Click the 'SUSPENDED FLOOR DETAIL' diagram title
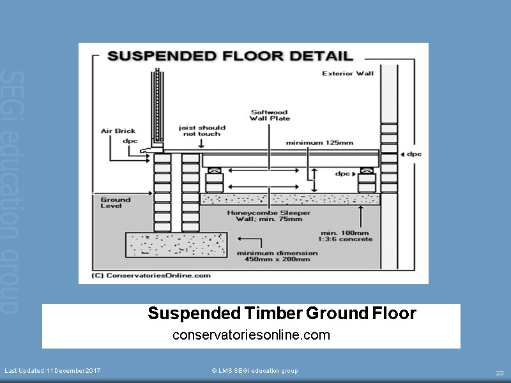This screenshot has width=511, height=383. pyautogui.click(x=230, y=56)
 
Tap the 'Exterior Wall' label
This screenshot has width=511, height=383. pyautogui.click(x=347, y=73)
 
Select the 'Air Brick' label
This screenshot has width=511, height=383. pyautogui.click(x=118, y=131)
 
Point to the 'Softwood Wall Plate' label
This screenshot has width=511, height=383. pyautogui.click(x=270, y=115)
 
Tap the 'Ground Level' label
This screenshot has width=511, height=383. pyautogui.click(x=115, y=202)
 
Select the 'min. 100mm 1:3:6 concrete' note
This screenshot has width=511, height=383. pyautogui.click(x=347, y=236)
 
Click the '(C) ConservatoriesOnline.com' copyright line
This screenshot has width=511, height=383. pyautogui.click(x=151, y=276)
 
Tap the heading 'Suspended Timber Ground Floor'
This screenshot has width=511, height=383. pyautogui.click(x=282, y=313)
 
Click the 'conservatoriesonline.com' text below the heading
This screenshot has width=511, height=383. pyautogui.click(x=251, y=334)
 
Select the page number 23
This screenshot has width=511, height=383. pyautogui.click(x=500, y=373)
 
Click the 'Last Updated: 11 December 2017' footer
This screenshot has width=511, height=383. pyautogui.click(x=52, y=371)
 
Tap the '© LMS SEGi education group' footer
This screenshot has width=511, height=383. pyautogui.click(x=254, y=371)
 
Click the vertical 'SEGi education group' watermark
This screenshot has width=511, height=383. pyautogui.click(x=9, y=191)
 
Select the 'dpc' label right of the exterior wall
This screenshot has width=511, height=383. pyautogui.click(x=415, y=154)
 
